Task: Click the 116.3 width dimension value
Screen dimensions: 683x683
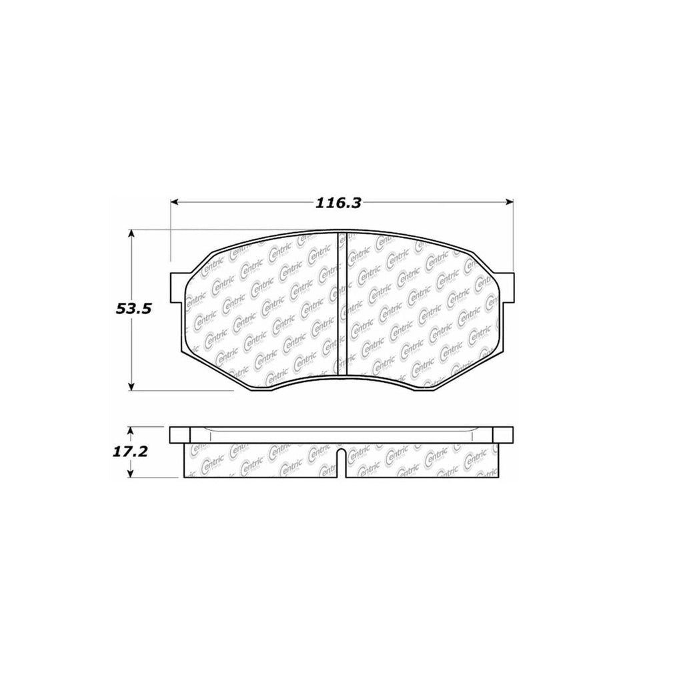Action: coord(339,203)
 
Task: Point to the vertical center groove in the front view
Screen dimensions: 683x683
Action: coord(342,303)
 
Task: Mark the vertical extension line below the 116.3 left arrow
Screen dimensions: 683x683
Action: coord(171,233)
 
